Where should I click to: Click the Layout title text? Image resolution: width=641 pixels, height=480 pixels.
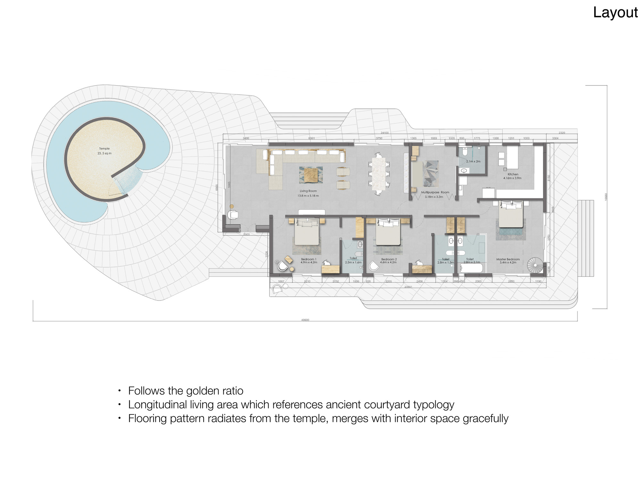[x=615, y=13]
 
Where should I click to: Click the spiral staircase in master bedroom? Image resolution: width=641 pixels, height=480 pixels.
[x=535, y=265]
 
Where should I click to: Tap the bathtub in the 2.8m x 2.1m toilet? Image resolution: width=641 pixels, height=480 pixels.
[x=471, y=268]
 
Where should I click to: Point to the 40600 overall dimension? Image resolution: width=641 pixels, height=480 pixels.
[x=305, y=320]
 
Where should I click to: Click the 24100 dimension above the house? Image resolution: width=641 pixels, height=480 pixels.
[x=385, y=133]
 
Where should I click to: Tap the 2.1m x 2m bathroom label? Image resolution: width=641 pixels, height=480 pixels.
[x=473, y=161]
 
